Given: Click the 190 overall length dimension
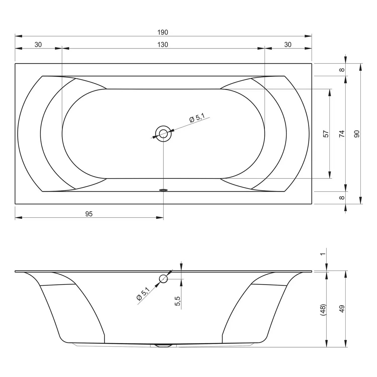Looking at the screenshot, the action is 163,32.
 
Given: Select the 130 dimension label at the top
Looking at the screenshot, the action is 163,45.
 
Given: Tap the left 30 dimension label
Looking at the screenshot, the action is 38,45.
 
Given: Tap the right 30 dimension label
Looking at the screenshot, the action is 288,45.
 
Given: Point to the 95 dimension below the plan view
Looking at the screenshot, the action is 89,214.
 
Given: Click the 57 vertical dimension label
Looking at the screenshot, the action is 326,134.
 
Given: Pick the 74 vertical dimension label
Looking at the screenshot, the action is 342,134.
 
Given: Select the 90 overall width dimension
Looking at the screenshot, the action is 357,134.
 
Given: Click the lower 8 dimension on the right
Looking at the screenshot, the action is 342,198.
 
